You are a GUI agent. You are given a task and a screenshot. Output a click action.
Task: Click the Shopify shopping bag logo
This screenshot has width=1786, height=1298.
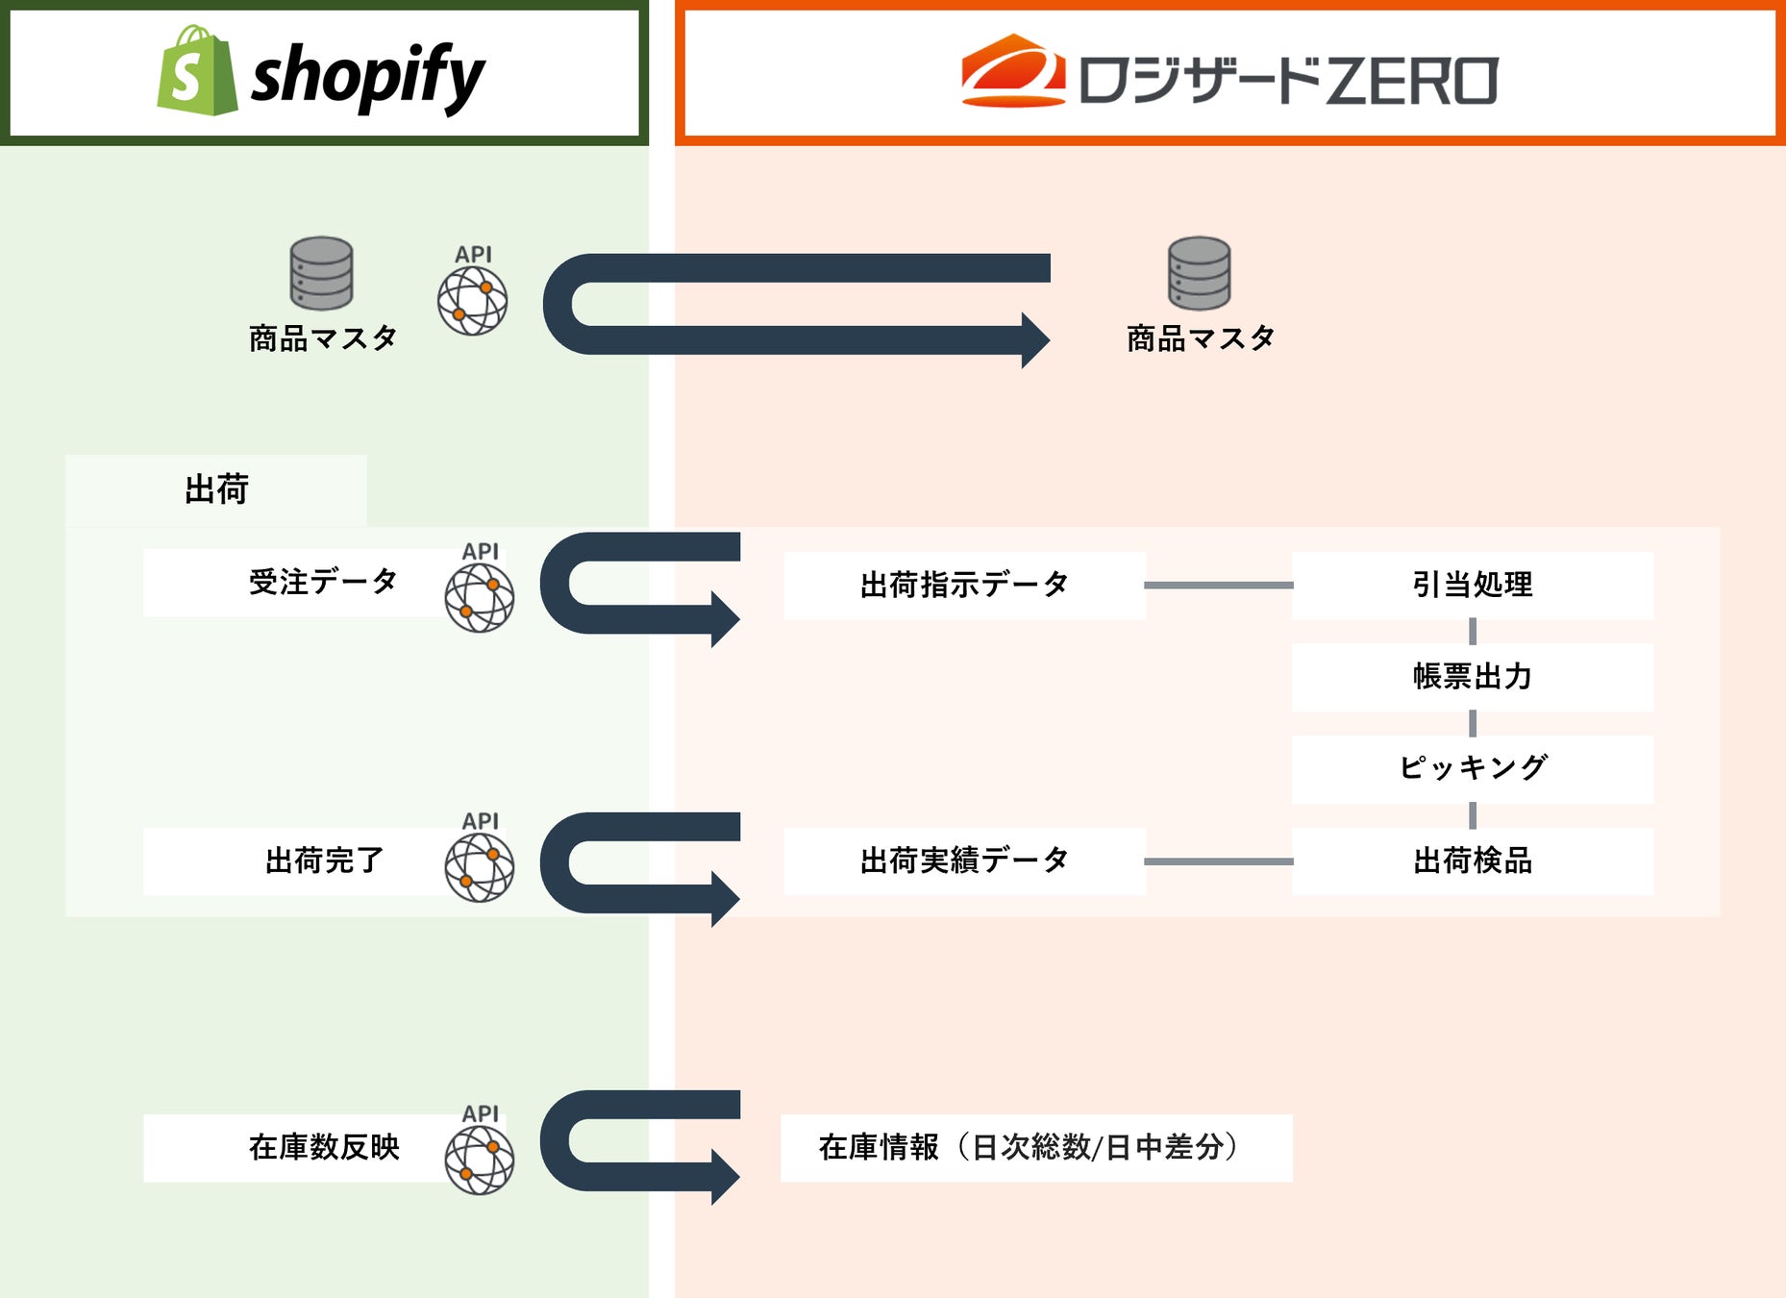(x=197, y=72)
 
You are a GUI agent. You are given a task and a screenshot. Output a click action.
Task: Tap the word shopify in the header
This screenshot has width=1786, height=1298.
(x=367, y=76)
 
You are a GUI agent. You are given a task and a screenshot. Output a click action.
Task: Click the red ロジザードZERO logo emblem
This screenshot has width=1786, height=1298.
(x=1013, y=71)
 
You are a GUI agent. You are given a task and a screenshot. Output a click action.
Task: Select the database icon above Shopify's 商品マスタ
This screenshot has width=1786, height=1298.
(x=321, y=273)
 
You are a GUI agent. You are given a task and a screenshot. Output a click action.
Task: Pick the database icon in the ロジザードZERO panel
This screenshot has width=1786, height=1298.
(x=1199, y=273)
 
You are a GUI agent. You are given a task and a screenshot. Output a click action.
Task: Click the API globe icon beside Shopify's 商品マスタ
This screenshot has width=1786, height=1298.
(x=472, y=300)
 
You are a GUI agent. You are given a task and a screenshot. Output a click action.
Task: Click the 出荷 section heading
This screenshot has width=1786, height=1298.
(x=216, y=489)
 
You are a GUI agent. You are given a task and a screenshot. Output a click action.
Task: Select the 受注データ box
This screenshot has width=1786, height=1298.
(x=298, y=583)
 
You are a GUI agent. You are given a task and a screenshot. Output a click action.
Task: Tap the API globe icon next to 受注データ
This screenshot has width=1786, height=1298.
(x=479, y=597)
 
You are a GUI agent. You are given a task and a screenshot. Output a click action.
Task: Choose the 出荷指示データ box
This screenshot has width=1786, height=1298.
(x=964, y=585)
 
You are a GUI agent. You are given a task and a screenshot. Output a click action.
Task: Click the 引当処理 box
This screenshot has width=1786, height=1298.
(x=1472, y=585)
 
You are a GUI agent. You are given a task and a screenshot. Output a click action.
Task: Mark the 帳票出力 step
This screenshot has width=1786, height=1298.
(x=1472, y=677)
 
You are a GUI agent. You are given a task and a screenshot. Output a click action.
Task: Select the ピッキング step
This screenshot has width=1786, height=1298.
(x=1472, y=768)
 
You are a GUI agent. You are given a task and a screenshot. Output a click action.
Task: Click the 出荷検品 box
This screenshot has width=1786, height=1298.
(x=1472, y=861)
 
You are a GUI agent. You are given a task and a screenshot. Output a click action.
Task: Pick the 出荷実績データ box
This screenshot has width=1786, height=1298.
(x=964, y=861)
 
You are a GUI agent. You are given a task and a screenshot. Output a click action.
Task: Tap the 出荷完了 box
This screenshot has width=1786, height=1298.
(x=298, y=861)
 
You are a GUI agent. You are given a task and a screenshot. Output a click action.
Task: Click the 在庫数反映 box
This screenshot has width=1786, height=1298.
(x=298, y=1147)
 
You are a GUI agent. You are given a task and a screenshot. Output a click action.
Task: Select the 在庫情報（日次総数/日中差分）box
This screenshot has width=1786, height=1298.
(x=1035, y=1147)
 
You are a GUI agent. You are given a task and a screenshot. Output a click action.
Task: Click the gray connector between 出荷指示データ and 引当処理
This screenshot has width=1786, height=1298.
(x=1218, y=585)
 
